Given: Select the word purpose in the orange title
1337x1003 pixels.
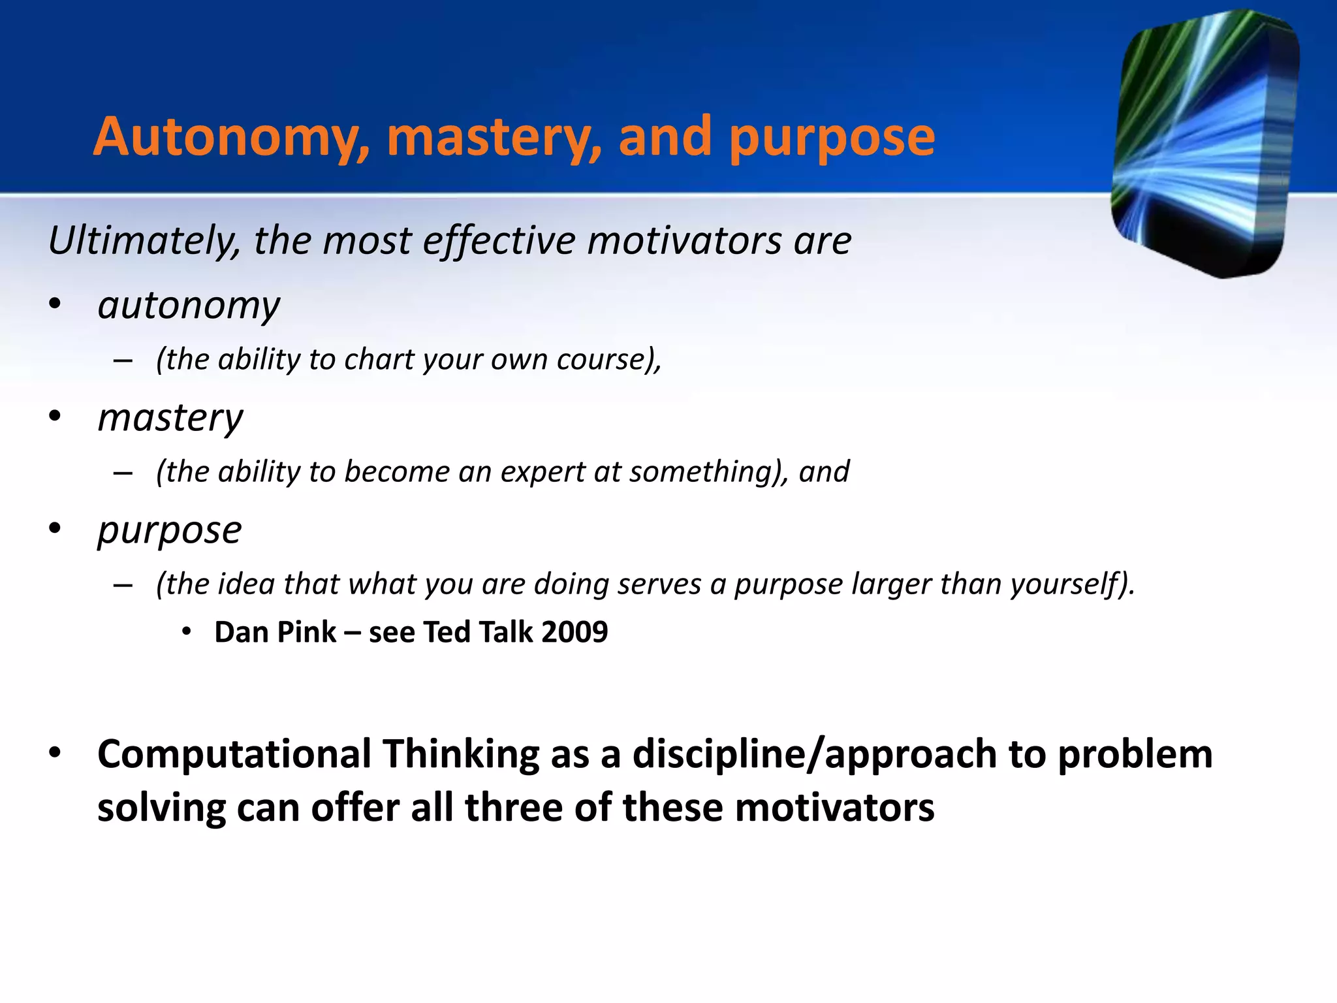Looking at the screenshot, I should tap(832, 138).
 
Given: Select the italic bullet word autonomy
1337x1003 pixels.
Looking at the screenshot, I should tap(189, 306).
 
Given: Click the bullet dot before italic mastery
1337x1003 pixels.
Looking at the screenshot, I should tap(55, 416).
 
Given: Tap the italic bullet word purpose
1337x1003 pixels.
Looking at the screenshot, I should tap(170, 530).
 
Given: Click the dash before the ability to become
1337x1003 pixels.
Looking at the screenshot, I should tap(123, 473).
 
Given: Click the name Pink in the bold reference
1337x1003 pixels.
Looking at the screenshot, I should tap(307, 632).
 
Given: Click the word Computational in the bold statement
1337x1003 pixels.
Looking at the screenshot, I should tap(234, 754).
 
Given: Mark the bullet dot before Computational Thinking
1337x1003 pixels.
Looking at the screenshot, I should tap(55, 753).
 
